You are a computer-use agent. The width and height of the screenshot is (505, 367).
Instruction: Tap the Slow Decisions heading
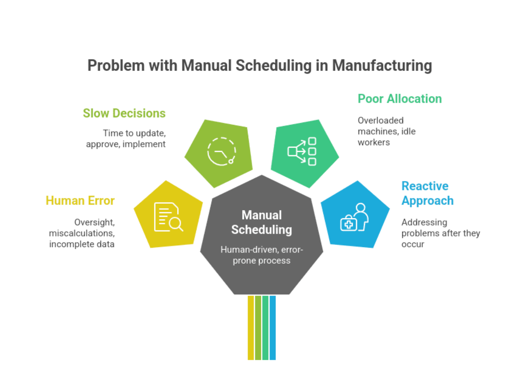(x=124, y=113)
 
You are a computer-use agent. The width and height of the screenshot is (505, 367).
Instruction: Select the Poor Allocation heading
(x=400, y=99)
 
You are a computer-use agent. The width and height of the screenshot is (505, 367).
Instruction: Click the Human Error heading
(x=80, y=200)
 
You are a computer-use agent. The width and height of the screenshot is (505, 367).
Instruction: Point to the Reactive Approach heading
(x=427, y=193)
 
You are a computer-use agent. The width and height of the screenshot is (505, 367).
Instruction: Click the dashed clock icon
(x=222, y=152)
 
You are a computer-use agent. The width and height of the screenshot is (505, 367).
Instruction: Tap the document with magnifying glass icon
(x=169, y=217)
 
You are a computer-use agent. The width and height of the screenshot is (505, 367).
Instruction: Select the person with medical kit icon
(x=355, y=217)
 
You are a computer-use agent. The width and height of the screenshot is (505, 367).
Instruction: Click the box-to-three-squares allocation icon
(x=302, y=152)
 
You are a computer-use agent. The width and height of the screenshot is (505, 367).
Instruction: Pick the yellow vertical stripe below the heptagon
(x=251, y=328)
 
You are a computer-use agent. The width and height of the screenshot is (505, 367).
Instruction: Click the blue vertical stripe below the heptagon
(x=272, y=328)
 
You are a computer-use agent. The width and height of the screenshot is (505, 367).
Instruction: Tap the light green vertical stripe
(x=258, y=328)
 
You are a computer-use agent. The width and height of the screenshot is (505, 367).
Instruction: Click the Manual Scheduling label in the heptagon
(x=261, y=222)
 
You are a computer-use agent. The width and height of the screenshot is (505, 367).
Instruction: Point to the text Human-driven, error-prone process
(x=261, y=255)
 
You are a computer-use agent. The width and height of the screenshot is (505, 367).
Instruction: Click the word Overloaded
(x=381, y=120)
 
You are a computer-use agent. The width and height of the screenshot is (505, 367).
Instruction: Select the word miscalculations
(x=82, y=233)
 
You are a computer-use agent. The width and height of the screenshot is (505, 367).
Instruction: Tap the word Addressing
(x=424, y=223)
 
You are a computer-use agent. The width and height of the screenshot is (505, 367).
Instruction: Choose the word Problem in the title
(x=116, y=65)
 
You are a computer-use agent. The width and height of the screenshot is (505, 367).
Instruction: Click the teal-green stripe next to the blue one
(x=265, y=328)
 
